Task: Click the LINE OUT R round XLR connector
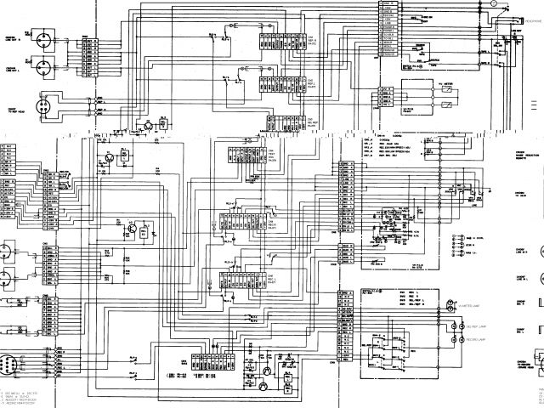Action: (x=40, y=62)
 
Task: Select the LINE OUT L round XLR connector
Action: (x=40, y=38)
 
